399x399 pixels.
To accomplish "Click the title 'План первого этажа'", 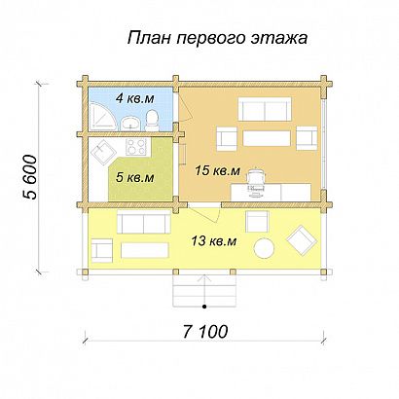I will pyautogui.click(x=217, y=39).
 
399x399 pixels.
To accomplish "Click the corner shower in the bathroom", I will pyautogui.click(x=98, y=118).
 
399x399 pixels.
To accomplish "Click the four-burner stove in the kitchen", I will pyautogui.click(x=135, y=149).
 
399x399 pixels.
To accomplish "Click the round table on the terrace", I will pyautogui.click(x=263, y=249).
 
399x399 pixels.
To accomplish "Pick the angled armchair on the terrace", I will pyautogui.click(x=302, y=236).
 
